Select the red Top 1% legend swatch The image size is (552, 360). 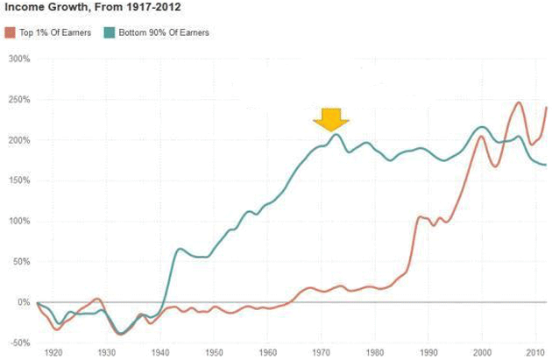[x=11, y=32]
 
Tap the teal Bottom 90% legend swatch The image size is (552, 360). [x=110, y=32]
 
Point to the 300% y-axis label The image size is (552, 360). [x=18, y=60]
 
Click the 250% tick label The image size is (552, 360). [x=18, y=100]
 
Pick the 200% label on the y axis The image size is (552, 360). [x=18, y=140]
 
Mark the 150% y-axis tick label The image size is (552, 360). [x=18, y=180]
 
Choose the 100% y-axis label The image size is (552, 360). [x=18, y=221]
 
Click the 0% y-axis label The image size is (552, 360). [x=24, y=302]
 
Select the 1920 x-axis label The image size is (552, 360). [x=54, y=353]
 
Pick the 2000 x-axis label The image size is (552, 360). [x=482, y=353]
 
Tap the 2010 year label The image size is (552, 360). [x=534, y=353]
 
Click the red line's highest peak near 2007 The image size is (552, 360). [x=518, y=102]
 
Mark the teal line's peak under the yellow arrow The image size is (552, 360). [x=336, y=134]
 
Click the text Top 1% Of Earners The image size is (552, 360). [x=54, y=32]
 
